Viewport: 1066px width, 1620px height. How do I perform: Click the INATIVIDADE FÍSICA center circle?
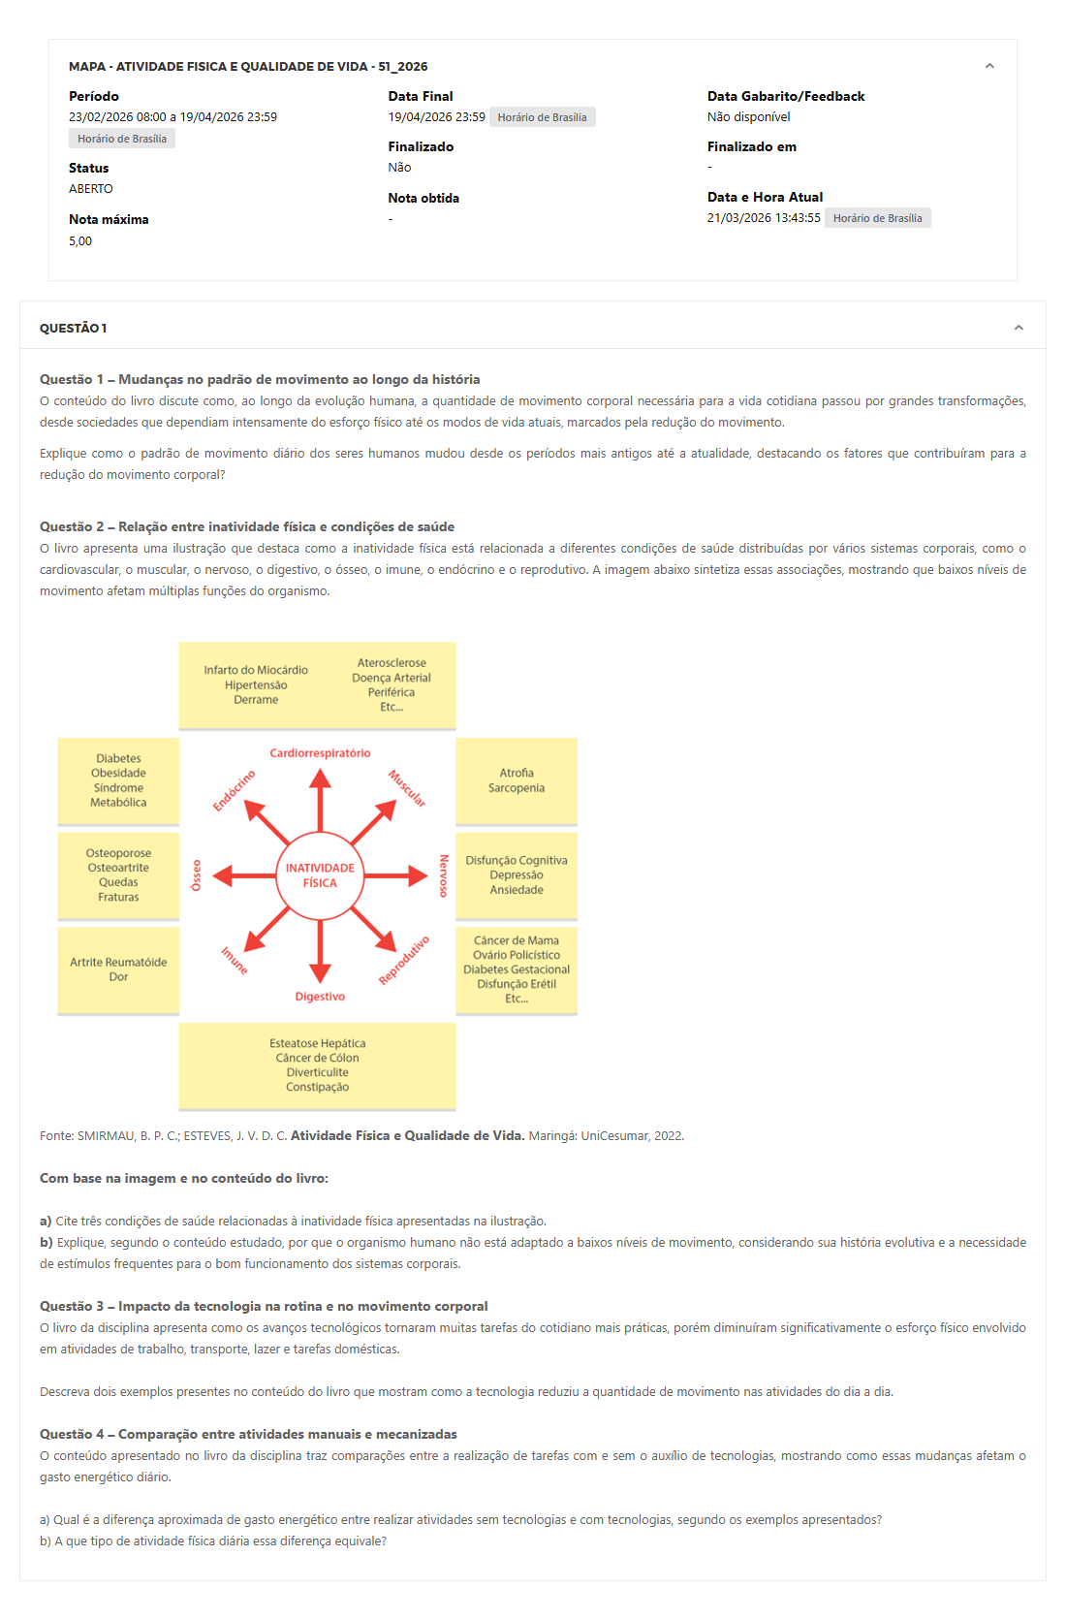pos(320,875)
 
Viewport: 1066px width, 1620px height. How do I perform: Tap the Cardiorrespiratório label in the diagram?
pos(320,753)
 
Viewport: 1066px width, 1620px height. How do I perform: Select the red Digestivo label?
pos(320,997)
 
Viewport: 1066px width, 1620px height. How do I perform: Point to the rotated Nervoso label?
pos(443,875)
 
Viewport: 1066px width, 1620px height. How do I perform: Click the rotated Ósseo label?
pos(197,875)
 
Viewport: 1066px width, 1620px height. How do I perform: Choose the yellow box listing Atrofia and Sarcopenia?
pos(517,781)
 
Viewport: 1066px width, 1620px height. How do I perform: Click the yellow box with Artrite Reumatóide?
pos(118,969)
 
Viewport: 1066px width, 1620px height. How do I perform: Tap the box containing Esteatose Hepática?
pos(317,1065)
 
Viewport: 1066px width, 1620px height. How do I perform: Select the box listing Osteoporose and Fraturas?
pos(118,875)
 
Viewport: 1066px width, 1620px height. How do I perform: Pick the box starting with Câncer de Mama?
pos(517,969)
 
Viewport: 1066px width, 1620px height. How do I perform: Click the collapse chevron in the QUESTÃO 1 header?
pos(1019,328)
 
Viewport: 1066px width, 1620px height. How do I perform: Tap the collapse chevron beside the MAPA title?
pos(989,66)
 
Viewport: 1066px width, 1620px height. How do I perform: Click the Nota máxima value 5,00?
pos(80,241)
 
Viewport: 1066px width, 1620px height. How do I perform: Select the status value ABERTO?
pos(91,189)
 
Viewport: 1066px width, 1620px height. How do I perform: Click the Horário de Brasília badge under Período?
pos(122,139)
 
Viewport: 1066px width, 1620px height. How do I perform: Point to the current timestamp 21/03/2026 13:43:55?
pos(764,218)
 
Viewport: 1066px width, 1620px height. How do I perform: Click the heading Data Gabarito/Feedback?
pos(786,96)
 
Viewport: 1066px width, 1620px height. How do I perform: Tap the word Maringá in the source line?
pos(551,1136)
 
